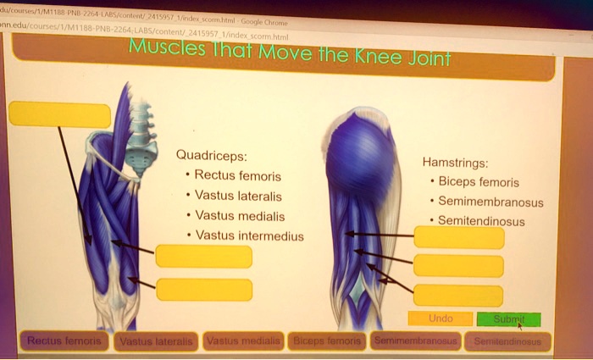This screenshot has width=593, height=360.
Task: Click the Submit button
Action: click(x=507, y=319)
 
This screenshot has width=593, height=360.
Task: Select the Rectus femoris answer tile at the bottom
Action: click(x=64, y=341)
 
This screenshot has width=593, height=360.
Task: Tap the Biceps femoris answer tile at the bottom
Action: click(x=327, y=341)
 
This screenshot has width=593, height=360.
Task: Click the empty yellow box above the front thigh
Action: click(x=59, y=114)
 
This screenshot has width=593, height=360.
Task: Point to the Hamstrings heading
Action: click(x=454, y=163)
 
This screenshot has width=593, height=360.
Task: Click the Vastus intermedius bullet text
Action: click(x=249, y=235)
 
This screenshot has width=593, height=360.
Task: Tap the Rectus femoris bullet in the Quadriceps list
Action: click(x=238, y=176)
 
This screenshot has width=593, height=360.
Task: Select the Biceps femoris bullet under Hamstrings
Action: click(x=480, y=182)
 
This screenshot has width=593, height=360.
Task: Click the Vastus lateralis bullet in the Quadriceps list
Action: click(x=239, y=196)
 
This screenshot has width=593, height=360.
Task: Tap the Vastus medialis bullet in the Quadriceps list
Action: click(x=240, y=216)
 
